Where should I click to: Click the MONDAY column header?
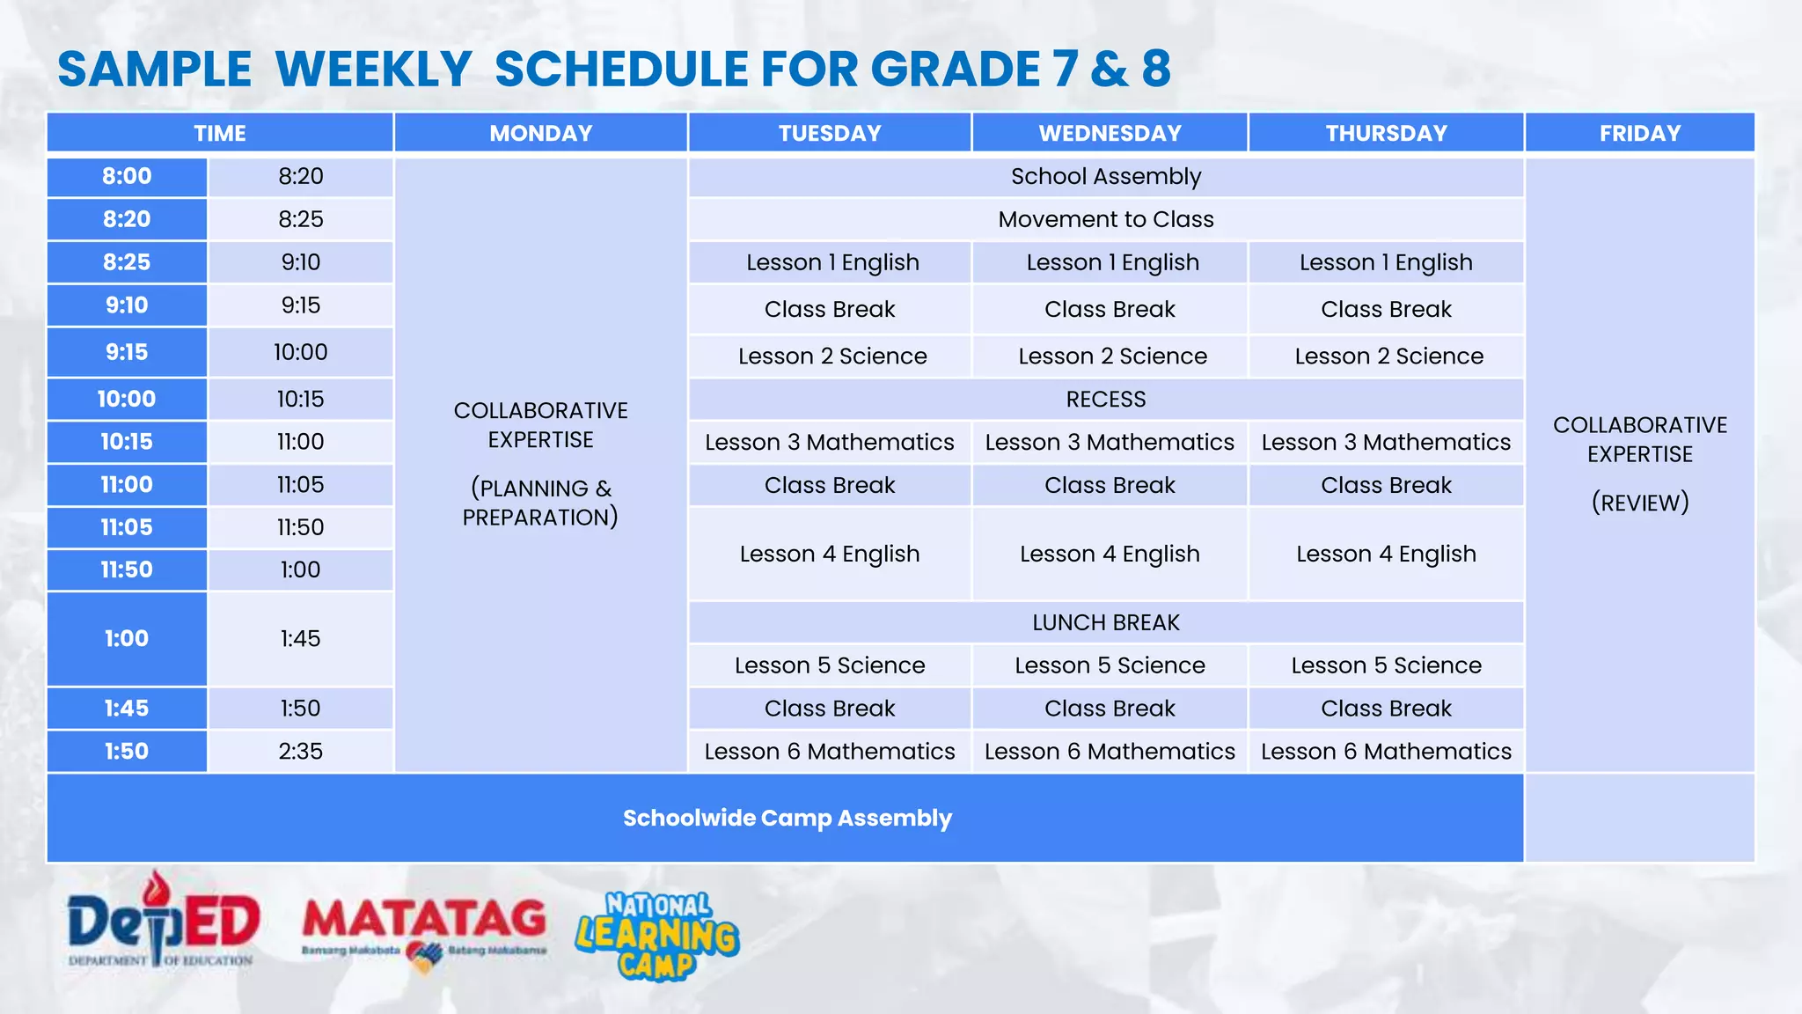(x=540, y=133)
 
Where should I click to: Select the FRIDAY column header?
(x=1639, y=133)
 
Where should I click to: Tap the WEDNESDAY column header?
(x=1110, y=133)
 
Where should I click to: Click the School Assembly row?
(x=1105, y=177)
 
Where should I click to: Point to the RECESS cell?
(x=1105, y=399)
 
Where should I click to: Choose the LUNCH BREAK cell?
(x=1105, y=622)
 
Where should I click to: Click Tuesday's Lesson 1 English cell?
(x=831, y=262)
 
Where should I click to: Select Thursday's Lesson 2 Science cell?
(x=1388, y=356)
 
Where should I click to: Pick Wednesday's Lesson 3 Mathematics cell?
(x=1110, y=442)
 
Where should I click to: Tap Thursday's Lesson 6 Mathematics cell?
(x=1386, y=751)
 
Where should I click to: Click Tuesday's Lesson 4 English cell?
(x=829, y=554)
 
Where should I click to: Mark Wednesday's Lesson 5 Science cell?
(x=1110, y=665)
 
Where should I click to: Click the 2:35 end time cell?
(x=300, y=751)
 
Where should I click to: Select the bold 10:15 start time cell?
(x=127, y=442)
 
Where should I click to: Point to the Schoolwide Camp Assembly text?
(x=787, y=818)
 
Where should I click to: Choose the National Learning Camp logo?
(x=657, y=936)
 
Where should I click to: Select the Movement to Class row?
(x=1105, y=219)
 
